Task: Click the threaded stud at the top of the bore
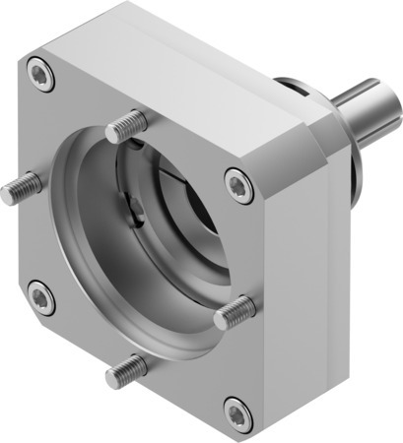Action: tap(124, 126)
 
